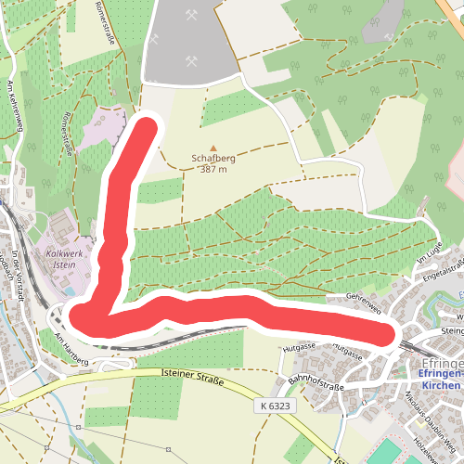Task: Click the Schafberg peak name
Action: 213,159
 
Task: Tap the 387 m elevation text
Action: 213,170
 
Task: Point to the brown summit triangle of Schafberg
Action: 213,148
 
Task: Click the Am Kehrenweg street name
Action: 15,106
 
